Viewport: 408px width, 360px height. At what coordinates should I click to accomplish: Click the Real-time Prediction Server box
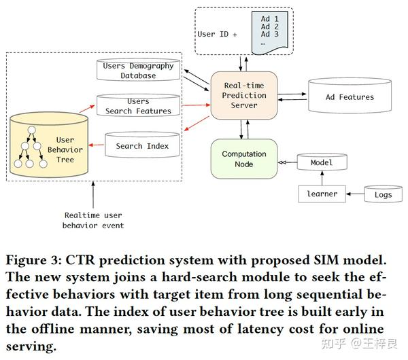(244, 95)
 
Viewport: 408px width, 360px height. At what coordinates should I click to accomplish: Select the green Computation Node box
(244, 159)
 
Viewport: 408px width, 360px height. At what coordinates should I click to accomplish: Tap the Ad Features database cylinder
(350, 95)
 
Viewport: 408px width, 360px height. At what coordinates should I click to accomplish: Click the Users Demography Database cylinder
(138, 69)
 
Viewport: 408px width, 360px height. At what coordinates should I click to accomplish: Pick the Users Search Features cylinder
(138, 105)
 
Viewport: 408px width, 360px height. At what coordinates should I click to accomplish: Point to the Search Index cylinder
(142, 145)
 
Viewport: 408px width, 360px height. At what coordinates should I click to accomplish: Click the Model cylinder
(322, 162)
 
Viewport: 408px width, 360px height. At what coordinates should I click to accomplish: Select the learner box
(322, 194)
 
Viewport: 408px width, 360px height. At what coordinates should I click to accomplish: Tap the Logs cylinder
(384, 194)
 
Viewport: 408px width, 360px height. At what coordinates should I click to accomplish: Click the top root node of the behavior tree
(31, 130)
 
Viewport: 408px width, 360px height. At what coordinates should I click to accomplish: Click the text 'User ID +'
(218, 34)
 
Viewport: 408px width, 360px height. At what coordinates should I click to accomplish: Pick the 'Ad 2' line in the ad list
(270, 26)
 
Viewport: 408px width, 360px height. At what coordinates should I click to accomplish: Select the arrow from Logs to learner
(355, 194)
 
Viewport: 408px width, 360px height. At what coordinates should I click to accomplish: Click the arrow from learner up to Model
(322, 178)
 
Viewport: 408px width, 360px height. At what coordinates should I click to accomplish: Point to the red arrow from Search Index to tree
(96, 145)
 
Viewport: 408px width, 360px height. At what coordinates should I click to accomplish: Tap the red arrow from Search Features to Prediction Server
(197, 105)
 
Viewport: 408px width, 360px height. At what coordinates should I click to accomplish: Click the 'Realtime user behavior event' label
(93, 220)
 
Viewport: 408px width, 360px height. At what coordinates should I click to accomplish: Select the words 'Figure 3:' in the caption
(34, 260)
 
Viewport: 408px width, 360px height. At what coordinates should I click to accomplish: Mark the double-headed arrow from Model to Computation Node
(288, 162)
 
